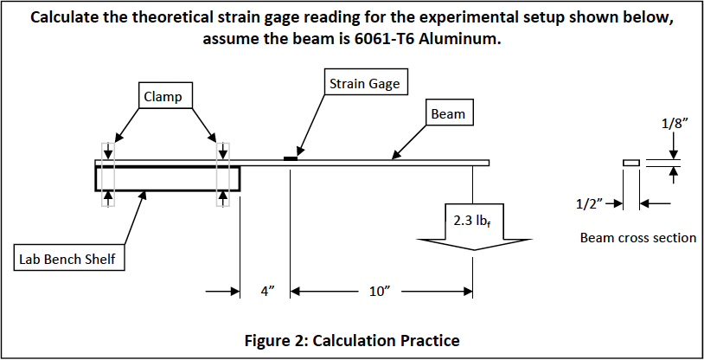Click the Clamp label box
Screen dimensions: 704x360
click(163, 96)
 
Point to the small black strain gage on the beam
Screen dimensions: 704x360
click(291, 157)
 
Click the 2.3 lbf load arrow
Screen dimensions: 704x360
click(473, 226)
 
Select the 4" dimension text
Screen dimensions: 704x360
click(267, 292)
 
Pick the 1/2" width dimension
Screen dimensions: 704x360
click(589, 204)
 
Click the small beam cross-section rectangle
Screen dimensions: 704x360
click(630, 162)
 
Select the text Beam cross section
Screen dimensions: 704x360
click(637, 237)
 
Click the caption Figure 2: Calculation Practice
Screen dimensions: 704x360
click(351, 339)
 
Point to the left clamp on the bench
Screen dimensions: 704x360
click(107, 174)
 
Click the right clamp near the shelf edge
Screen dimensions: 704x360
click(223, 174)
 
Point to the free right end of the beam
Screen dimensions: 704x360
click(487, 163)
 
